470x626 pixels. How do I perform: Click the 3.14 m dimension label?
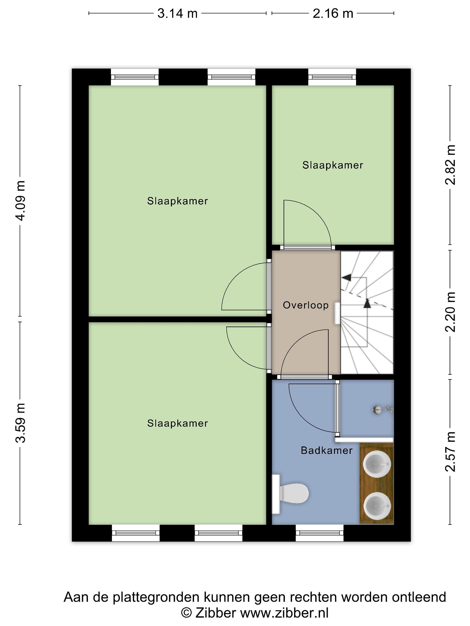(x=177, y=13)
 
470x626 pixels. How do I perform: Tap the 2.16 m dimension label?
(x=333, y=13)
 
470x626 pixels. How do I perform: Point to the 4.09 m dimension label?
(x=21, y=201)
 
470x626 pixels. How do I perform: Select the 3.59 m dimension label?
(x=21, y=423)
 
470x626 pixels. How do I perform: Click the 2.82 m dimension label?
(x=450, y=165)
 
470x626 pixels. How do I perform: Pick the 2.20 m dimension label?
(x=450, y=311)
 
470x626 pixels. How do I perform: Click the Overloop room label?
(x=306, y=305)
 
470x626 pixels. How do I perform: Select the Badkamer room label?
(x=327, y=450)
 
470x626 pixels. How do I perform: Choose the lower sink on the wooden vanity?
(x=377, y=506)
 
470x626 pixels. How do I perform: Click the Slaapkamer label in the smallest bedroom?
(x=333, y=165)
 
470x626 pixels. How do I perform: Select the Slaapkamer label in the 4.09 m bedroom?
(x=177, y=201)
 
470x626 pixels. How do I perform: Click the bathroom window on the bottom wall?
(x=320, y=533)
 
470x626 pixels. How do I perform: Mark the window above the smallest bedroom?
(x=332, y=77)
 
